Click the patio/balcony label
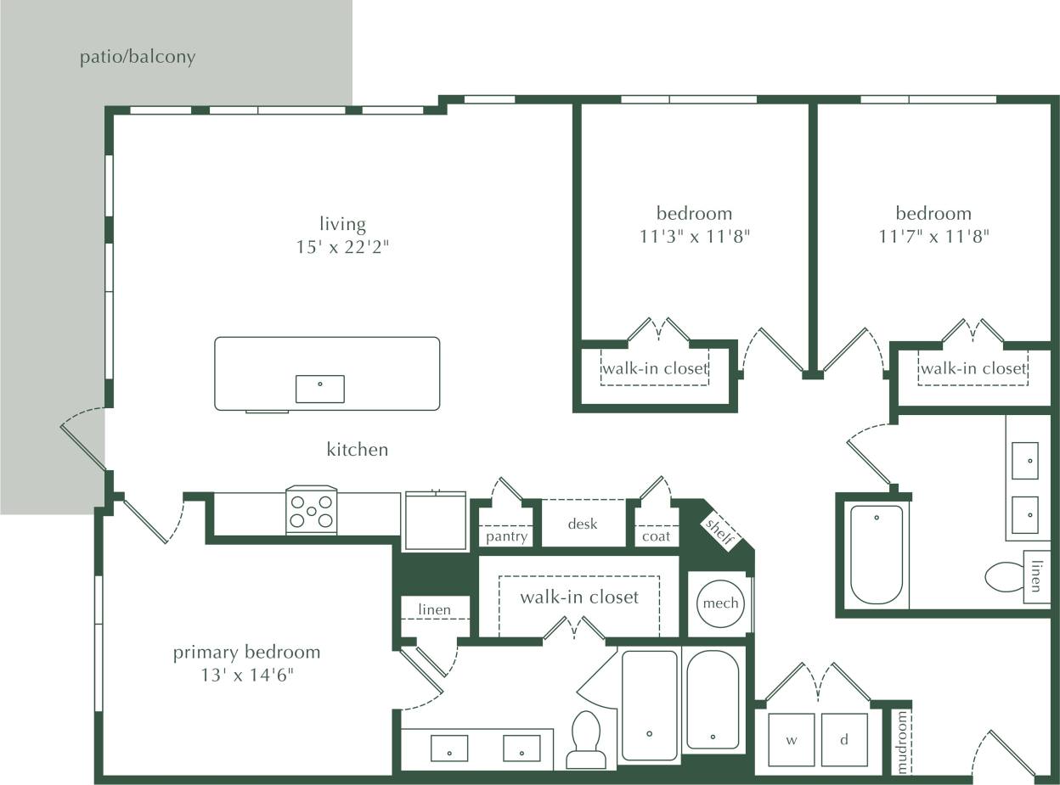coord(138,57)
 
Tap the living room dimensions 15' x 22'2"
coord(342,247)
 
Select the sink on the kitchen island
coord(320,389)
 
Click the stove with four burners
coord(312,511)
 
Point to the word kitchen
coord(357,449)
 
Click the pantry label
coord(506,536)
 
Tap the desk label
coord(583,524)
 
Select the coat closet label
coord(656,536)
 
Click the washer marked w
coord(792,740)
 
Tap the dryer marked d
coord(844,740)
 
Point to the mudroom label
coord(902,742)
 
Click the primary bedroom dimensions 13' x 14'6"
coord(247,676)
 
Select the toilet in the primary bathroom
coord(586,740)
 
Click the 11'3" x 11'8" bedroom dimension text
coord(694,236)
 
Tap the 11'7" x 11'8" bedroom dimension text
coord(933,236)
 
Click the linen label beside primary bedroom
coord(434,609)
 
